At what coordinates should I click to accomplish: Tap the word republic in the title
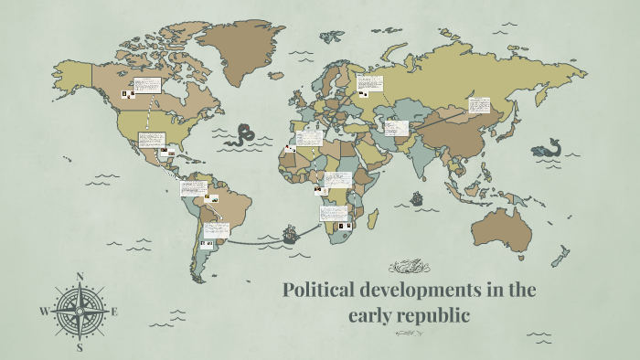point(436,316)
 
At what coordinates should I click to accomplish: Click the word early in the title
point(368,316)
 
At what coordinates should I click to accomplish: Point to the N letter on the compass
point(80,276)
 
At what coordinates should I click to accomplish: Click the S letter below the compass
point(80,347)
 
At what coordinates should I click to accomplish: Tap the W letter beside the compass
point(43,312)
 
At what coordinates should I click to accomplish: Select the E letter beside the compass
point(115,312)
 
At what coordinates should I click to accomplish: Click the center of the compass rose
point(80,312)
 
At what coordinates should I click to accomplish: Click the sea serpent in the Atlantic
point(244,134)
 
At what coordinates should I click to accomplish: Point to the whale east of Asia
point(549,147)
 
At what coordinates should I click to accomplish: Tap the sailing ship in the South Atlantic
point(290,234)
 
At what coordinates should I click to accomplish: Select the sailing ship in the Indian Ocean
point(417,197)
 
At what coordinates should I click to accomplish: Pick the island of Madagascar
point(372,220)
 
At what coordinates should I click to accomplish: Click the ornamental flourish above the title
point(409,267)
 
